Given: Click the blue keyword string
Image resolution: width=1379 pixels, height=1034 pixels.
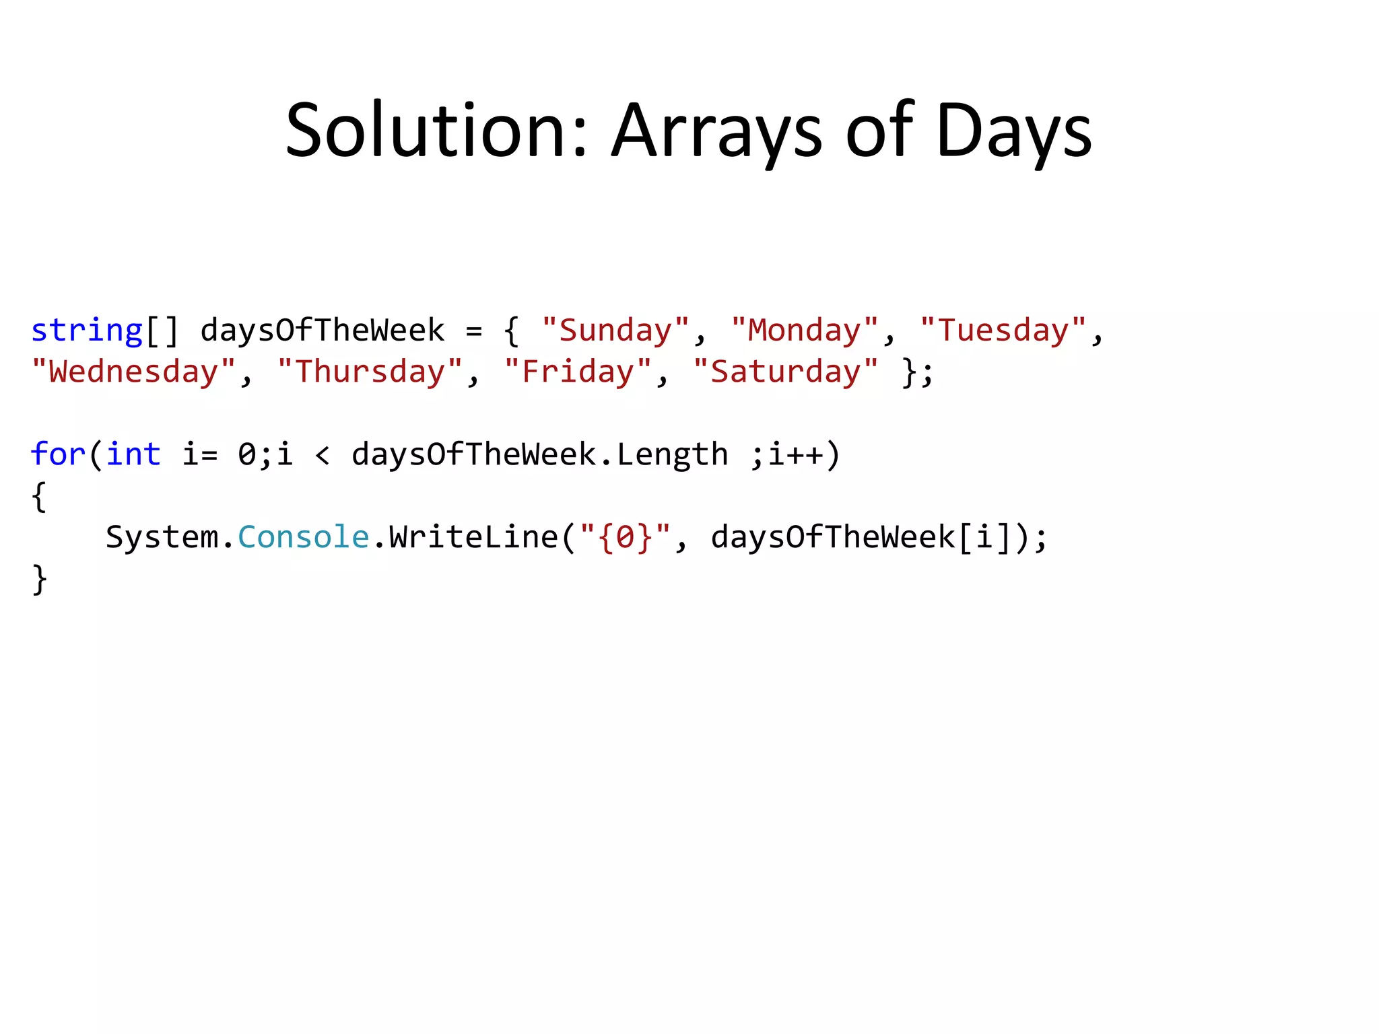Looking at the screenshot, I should [87, 331].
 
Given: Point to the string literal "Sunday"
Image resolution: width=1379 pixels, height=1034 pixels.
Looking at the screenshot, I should [615, 331].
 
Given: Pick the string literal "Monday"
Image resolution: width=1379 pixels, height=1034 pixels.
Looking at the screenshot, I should [805, 331].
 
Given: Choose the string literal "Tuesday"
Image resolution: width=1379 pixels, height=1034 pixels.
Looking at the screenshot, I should [1003, 331].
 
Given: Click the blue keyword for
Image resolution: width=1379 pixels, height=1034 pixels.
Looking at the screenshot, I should [58, 454].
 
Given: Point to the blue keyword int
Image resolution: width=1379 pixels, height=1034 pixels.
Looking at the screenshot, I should [133, 454].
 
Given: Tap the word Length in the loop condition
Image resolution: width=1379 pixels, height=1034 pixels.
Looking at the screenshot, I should [673, 454].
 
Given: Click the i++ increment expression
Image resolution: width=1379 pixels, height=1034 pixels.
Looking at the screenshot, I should [795, 454].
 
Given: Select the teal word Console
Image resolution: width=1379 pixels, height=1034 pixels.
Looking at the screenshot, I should [304, 537].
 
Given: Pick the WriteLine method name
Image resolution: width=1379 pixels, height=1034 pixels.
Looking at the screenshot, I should [473, 537].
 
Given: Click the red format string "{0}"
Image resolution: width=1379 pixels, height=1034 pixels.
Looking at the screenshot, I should [625, 537].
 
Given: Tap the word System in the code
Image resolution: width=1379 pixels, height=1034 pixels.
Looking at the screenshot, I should [162, 537].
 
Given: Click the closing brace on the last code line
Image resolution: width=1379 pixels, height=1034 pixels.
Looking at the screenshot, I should [39, 579].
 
